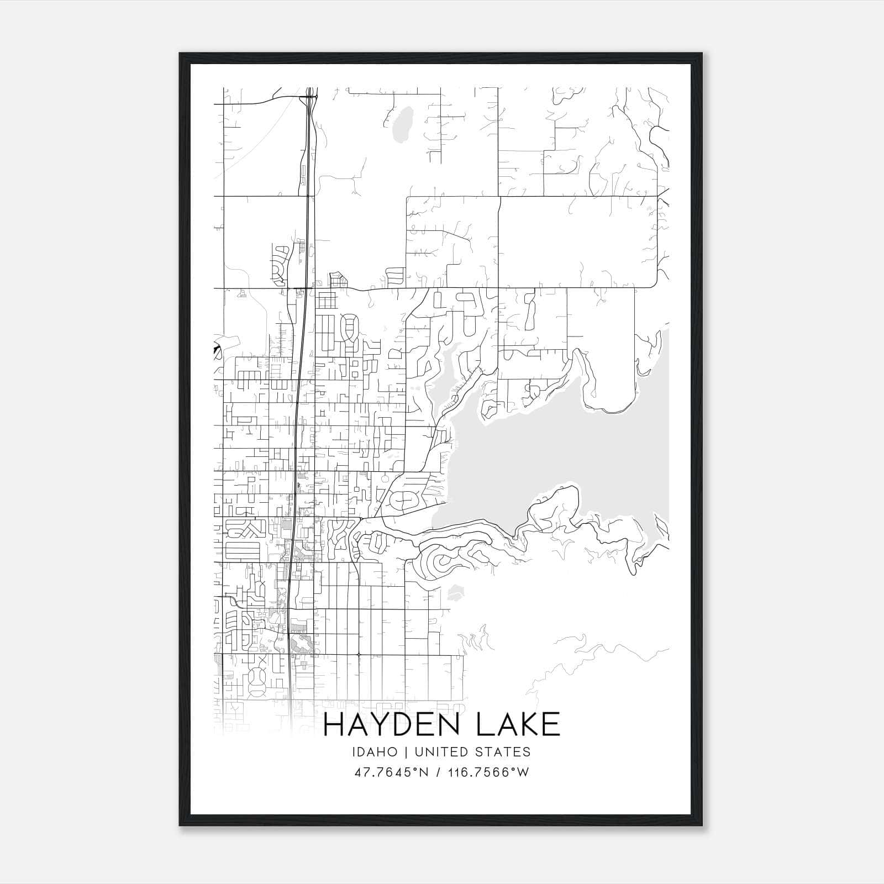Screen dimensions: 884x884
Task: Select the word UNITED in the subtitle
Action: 436,751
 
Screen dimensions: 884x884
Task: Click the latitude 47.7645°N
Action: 392,772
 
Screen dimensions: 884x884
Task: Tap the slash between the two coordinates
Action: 437,772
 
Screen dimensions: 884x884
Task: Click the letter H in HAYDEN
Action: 334,724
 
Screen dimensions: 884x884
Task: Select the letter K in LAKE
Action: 525,724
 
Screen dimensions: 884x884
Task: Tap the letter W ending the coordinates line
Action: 523,772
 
